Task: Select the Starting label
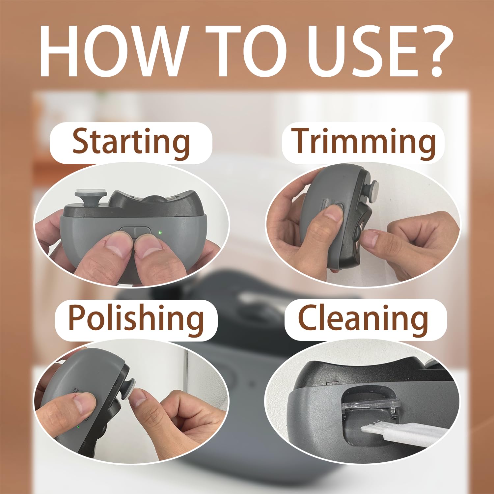click(x=131, y=143)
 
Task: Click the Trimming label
click(x=364, y=143)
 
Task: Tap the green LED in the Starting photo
click(x=160, y=233)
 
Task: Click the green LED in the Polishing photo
click(x=78, y=427)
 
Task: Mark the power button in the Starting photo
click(x=135, y=231)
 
